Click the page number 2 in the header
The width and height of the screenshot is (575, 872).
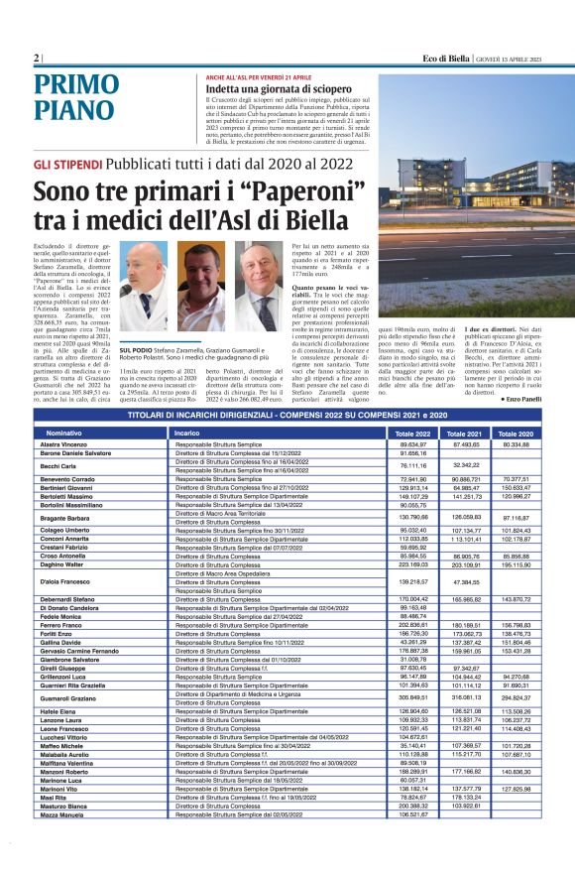point(36,58)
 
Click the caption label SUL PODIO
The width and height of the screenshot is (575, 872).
point(135,351)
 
